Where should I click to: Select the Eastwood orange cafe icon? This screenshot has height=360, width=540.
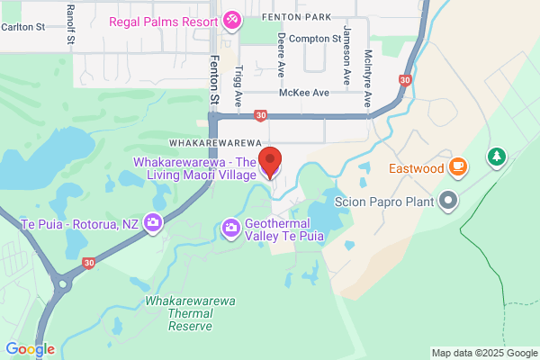(459, 166)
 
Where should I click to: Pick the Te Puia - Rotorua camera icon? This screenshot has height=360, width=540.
(153, 222)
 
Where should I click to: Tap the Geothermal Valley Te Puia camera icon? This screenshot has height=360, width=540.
(231, 228)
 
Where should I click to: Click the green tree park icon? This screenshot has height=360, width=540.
(496, 158)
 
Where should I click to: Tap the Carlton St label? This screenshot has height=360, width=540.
(22, 27)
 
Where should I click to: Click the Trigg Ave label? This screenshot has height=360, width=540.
(238, 82)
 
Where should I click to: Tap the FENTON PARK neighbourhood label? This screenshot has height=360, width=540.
(296, 17)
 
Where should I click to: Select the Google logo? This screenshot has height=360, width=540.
(30, 349)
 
